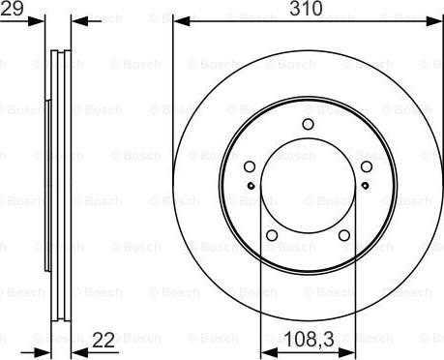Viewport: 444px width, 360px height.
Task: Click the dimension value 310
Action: coord(306,9)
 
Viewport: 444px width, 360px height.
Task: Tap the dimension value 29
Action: coord(12,8)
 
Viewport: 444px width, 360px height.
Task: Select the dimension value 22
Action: coord(104,341)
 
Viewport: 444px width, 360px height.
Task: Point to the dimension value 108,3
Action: coord(310,341)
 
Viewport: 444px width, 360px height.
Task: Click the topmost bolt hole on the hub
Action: coord(309,124)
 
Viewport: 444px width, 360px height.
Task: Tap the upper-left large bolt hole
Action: coord(250,166)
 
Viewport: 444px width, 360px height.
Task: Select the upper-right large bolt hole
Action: coord(367,166)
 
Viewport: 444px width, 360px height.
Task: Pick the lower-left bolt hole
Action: coord(272,235)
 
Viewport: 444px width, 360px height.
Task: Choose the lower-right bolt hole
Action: coord(344,235)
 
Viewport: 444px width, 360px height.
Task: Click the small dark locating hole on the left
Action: coord(252,186)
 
